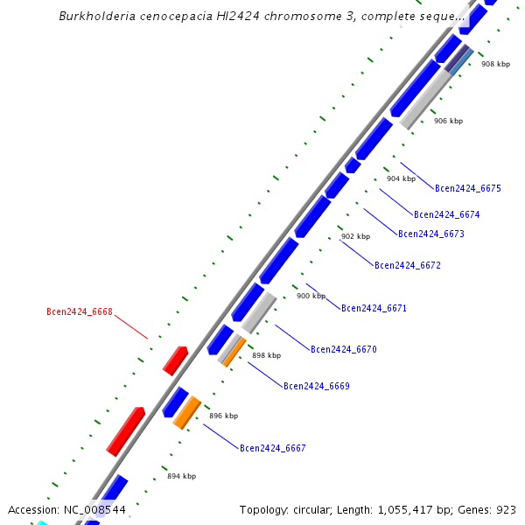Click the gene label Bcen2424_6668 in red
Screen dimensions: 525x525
click(x=80, y=311)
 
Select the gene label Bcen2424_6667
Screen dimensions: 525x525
click(x=273, y=448)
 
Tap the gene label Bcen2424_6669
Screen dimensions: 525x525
click(x=317, y=386)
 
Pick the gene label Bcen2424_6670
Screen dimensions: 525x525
click(x=344, y=349)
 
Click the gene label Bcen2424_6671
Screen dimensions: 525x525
click(x=374, y=308)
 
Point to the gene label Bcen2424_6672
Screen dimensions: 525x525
click(x=408, y=265)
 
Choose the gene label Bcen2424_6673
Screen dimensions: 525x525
click(x=431, y=234)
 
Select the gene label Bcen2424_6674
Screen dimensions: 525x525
click(x=447, y=214)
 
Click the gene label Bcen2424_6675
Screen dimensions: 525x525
click(x=468, y=188)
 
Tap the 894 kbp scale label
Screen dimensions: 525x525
click(x=182, y=476)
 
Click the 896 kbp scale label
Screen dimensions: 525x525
click(x=224, y=416)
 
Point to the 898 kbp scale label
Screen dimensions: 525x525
click(x=267, y=355)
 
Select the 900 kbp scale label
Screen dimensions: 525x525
click(x=311, y=296)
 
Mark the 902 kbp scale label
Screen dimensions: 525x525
click(x=355, y=236)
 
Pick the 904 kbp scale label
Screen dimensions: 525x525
click(x=401, y=178)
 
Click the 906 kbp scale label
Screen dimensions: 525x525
click(x=448, y=121)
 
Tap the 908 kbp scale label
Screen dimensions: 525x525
click(x=495, y=64)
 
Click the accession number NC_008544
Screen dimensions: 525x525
click(x=94, y=509)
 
